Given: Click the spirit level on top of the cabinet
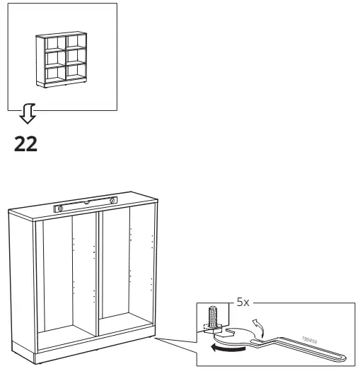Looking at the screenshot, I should [86, 206].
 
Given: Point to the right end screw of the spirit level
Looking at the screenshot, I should [111, 203].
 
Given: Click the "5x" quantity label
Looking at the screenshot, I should [243, 302].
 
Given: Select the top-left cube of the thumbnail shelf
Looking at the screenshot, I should [53, 42].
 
